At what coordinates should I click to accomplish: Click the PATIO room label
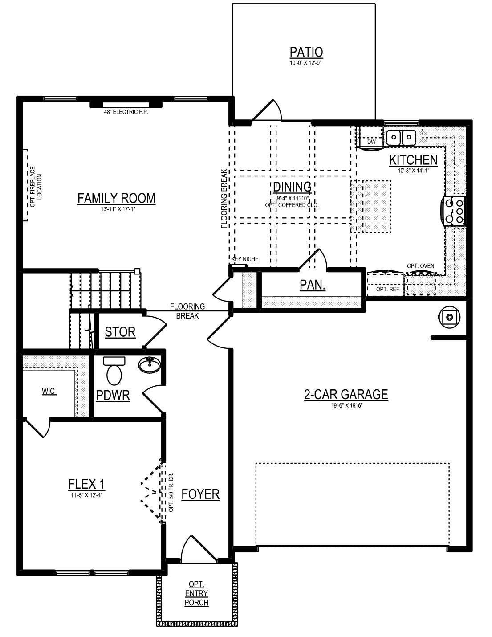coord(306,53)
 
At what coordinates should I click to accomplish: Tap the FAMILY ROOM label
coord(116,199)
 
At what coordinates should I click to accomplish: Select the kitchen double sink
coord(401,137)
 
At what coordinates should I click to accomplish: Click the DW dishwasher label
coord(371,142)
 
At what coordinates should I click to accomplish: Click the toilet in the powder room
coord(114,371)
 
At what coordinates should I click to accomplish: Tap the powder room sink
coord(150,365)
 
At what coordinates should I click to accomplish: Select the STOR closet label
coord(120,332)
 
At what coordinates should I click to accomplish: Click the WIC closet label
coord(49,391)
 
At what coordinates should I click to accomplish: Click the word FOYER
coord(200,494)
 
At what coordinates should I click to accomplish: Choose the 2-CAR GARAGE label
coord(346,394)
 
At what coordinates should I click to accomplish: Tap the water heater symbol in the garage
coord(449,317)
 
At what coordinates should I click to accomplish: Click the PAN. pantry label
coord(313,285)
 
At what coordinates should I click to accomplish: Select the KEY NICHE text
coord(245,259)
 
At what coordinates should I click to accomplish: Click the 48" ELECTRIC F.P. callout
coord(126,112)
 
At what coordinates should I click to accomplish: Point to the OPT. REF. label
coord(388,290)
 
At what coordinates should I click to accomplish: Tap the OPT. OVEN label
coord(420,266)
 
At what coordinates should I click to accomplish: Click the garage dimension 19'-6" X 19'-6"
coord(346,405)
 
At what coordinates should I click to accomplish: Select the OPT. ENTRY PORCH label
coord(196,593)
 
